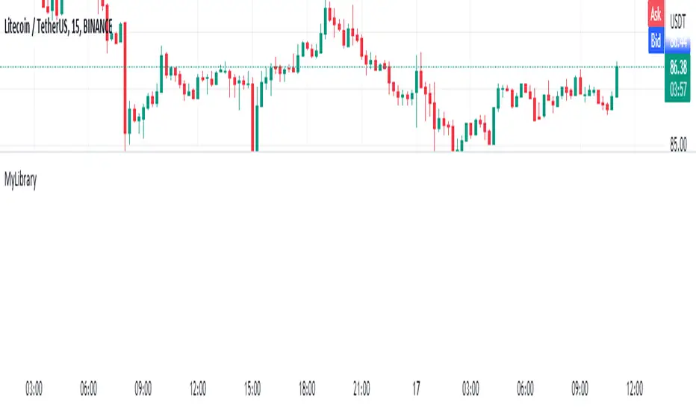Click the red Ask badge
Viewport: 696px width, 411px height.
tap(656, 13)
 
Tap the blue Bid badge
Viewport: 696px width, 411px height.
tap(656, 41)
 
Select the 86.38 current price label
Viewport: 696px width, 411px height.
tap(678, 68)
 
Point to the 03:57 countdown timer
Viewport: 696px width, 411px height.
tap(678, 90)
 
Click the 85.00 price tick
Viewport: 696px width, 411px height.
tap(678, 145)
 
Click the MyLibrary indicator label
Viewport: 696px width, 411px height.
tap(21, 180)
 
